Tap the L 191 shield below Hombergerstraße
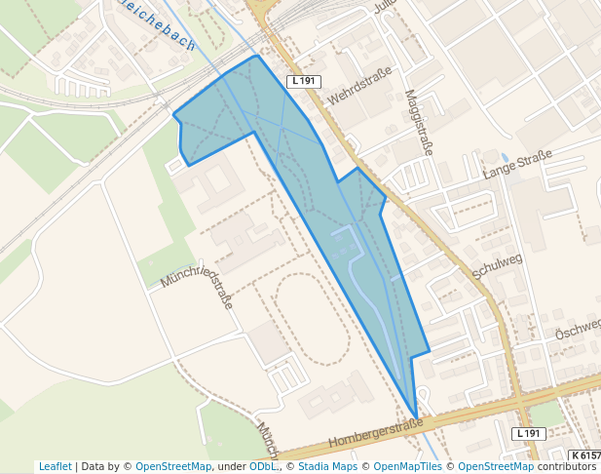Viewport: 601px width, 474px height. (x=527, y=433)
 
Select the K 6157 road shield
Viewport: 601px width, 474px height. (x=584, y=455)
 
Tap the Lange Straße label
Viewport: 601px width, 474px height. (x=517, y=165)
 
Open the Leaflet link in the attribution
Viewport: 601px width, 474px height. (x=55, y=467)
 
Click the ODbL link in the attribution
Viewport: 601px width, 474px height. (x=262, y=467)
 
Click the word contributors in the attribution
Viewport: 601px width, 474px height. (x=566, y=467)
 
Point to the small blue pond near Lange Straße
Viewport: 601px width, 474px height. (x=504, y=157)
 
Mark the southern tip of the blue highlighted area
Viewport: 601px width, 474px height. (x=416, y=416)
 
